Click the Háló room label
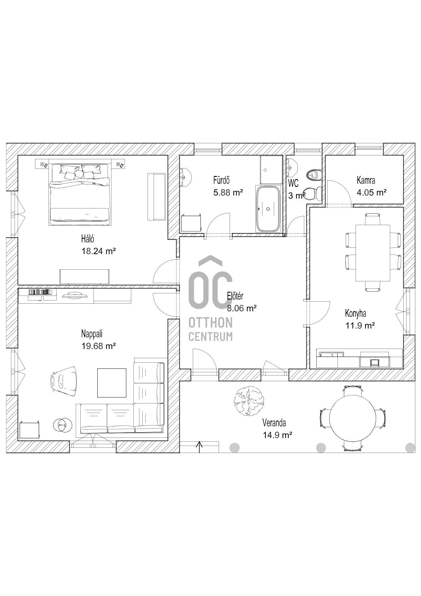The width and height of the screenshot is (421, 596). [x=87, y=239]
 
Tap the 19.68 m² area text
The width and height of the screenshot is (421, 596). [x=99, y=346]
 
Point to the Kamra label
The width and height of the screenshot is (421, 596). [x=366, y=180]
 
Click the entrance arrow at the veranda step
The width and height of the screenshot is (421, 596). [x=199, y=447]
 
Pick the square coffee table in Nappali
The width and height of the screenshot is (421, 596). [x=112, y=383]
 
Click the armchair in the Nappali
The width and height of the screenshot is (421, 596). [x=64, y=382]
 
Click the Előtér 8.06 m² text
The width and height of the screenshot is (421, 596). [x=242, y=308]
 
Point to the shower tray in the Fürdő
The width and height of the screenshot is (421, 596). [x=271, y=170]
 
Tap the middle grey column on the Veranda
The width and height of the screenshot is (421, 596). [x=321, y=448]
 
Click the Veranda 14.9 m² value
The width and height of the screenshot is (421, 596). [x=277, y=435]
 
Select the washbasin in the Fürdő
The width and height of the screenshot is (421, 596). [x=185, y=177]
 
